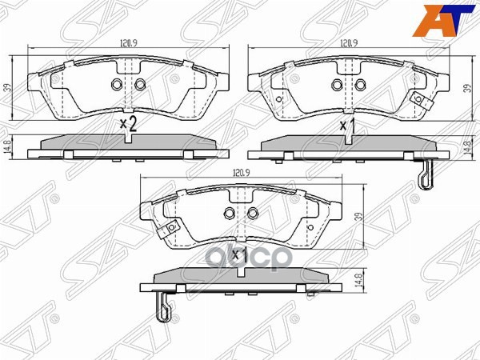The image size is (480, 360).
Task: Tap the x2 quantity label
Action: [x=128, y=123]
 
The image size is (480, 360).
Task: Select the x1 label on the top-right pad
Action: [x=348, y=126]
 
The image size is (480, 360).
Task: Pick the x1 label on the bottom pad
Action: [x=238, y=254]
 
